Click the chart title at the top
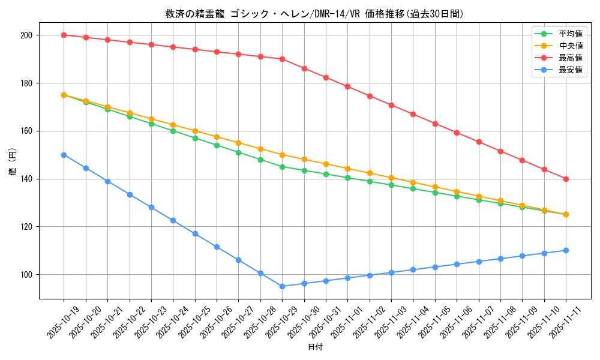pyautogui.click(x=314, y=14)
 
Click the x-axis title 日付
pyautogui.click(x=315, y=347)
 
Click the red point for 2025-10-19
pyautogui.click(x=64, y=35)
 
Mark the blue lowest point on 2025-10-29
pyautogui.click(x=282, y=286)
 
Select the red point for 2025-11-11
pyautogui.click(x=566, y=179)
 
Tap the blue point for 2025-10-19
pyautogui.click(x=64, y=155)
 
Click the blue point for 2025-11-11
pyautogui.click(x=566, y=250)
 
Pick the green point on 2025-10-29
pyautogui.click(x=282, y=167)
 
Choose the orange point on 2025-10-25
pyautogui.click(x=195, y=131)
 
